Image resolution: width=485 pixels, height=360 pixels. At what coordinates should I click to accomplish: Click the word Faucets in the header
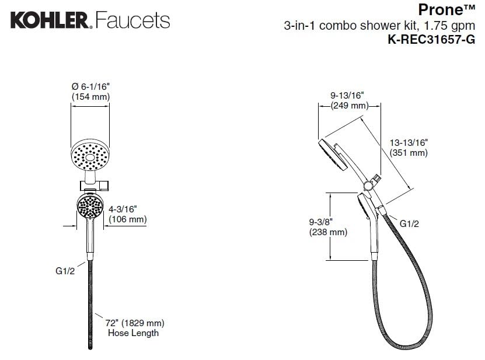(132, 20)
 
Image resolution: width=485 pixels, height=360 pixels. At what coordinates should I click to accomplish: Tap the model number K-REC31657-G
(431, 40)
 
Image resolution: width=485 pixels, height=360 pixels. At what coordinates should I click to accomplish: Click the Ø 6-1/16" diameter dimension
(90, 86)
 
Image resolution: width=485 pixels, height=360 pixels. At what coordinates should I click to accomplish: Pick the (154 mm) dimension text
(90, 97)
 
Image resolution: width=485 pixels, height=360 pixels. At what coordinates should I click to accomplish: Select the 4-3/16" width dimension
(123, 209)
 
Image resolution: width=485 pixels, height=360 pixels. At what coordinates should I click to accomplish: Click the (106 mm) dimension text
(128, 219)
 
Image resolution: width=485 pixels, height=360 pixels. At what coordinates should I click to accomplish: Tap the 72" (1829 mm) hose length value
(135, 323)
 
